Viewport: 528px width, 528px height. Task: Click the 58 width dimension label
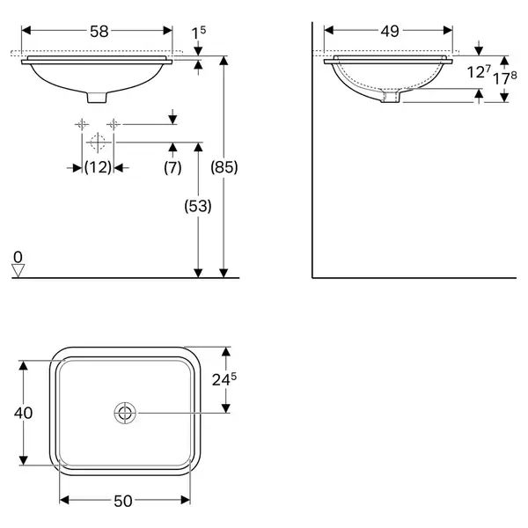99,32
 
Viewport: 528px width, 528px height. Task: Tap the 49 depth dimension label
390,31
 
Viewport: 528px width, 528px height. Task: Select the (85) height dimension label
224,167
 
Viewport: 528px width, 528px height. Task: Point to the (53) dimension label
198,206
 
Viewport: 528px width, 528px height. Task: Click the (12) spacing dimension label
98,167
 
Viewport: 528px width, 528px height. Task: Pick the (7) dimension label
172,167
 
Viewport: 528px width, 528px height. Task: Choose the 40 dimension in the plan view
23,413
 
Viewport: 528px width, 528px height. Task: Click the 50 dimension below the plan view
123,501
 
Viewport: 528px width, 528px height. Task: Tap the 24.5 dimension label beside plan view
224,379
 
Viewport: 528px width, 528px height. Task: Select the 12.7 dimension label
479,71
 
